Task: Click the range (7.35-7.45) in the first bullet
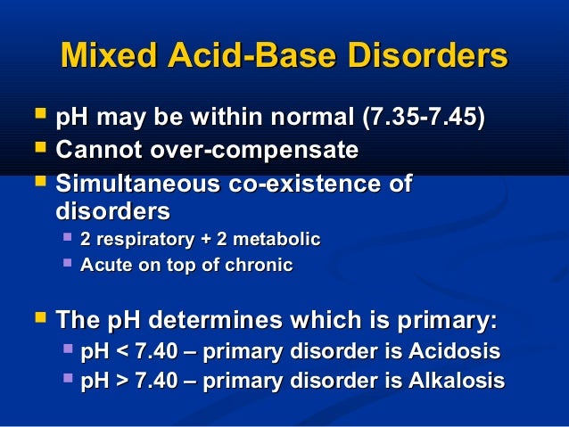(x=424, y=118)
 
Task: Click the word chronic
(x=260, y=265)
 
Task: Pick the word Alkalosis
(x=452, y=381)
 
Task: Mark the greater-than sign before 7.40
(x=118, y=382)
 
